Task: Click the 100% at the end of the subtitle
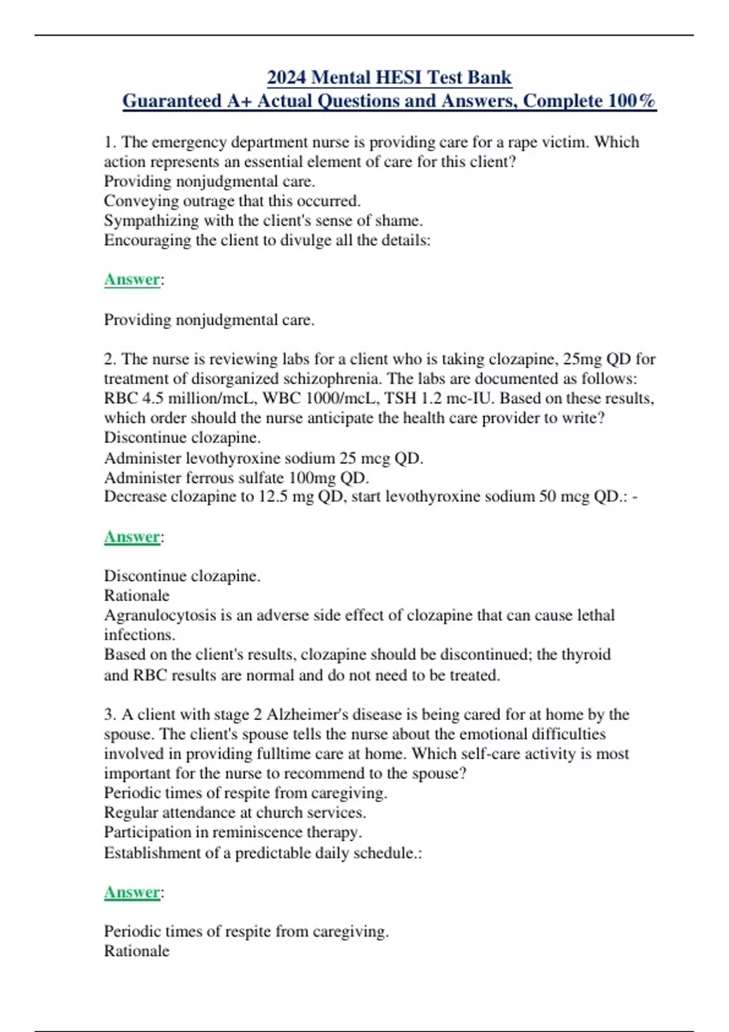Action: pyautogui.click(x=632, y=101)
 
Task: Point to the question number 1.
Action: pyautogui.click(x=109, y=142)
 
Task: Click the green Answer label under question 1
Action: pyautogui.click(x=132, y=279)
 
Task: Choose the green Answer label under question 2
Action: pyautogui.click(x=132, y=537)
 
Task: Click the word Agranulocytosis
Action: pyautogui.click(x=160, y=615)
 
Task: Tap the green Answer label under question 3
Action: pyautogui.click(x=132, y=892)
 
